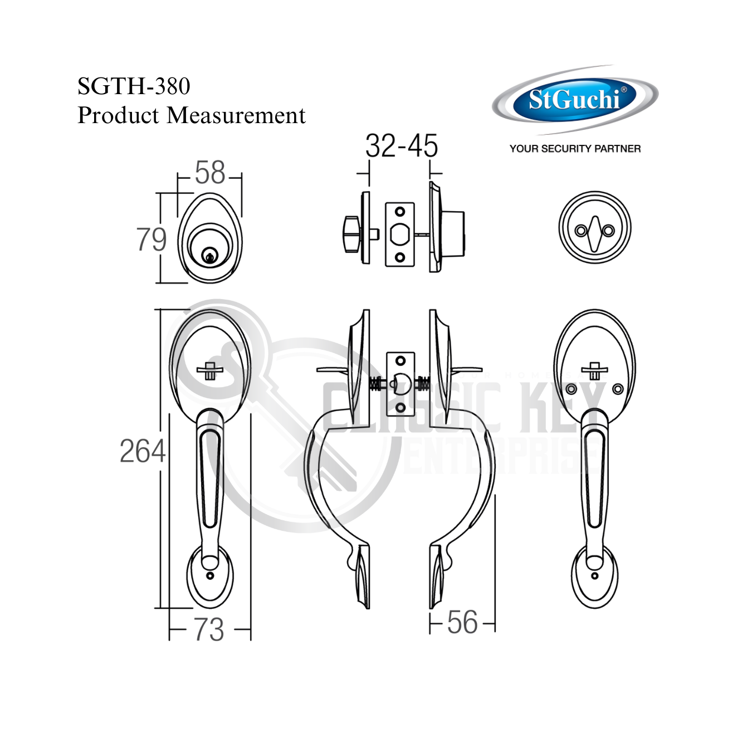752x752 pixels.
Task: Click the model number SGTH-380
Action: (134, 86)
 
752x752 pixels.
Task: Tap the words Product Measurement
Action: (191, 115)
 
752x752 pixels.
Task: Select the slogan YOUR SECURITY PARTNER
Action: (575, 149)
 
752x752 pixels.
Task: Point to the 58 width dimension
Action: (210, 173)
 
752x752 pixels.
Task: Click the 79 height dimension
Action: (152, 240)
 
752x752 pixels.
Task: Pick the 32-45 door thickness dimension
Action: (401, 146)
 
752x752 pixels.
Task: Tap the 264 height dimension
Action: (143, 451)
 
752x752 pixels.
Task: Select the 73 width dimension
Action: (209, 630)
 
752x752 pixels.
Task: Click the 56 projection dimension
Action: (462, 623)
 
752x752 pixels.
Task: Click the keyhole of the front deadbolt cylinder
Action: (209, 257)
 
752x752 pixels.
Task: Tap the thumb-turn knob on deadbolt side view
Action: (351, 234)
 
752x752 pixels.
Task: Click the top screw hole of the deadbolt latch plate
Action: (400, 212)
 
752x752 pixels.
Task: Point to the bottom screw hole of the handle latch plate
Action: (400, 408)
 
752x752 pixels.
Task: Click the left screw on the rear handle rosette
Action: (572, 389)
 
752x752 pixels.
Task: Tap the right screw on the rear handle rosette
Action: (618, 389)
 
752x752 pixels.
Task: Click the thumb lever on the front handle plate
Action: (210, 370)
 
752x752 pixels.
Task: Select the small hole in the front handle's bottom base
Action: (210, 576)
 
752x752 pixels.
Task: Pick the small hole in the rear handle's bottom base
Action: (594, 576)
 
